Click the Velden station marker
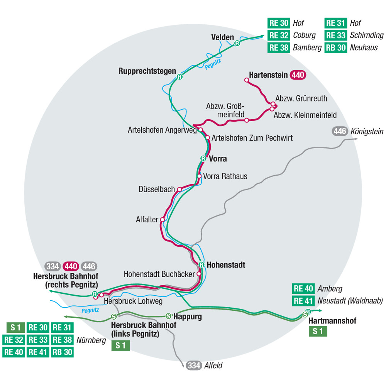(237, 44)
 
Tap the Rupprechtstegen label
(147, 71)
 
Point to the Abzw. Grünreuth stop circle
(273, 104)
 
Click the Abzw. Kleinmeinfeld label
(305, 115)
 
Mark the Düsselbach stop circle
(179, 190)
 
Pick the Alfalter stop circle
(163, 220)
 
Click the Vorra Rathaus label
(225, 176)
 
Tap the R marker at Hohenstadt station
(201, 265)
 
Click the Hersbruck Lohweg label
(133, 301)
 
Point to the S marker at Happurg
(168, 315)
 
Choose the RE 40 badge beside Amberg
(303, 288)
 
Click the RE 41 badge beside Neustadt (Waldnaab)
(303, 301)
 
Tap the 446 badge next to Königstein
(340, 131)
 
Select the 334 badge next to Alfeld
(194, 365)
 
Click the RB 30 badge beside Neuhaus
(335, 48)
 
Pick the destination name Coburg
(304, 35)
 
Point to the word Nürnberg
(91, 340)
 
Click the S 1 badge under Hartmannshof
(318, 331)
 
